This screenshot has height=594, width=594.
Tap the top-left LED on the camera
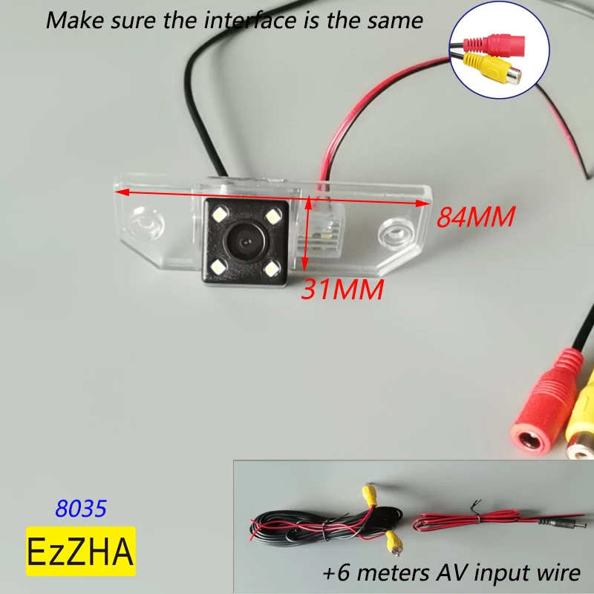tap(221, 215)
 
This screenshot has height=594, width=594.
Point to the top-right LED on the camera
tap(272, 216)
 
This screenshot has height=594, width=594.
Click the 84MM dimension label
tap(475, 217)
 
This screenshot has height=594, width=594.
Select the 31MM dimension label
tap(342, 289)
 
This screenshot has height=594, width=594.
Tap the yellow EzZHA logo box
tap(82, 551)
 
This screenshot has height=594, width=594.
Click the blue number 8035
tap(82, 509)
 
